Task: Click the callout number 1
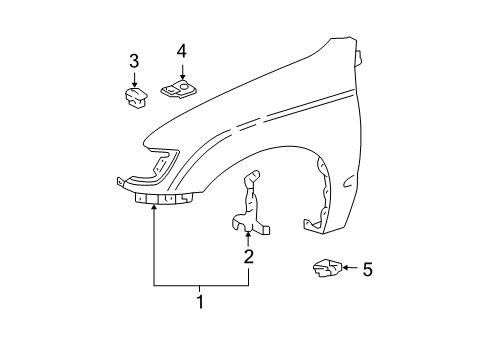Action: pos(200,301)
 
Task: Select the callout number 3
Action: pos(134,63)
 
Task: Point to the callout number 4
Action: pos(181,50)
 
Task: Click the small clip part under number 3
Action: pos(134,97)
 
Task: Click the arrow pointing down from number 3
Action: pos(134,80)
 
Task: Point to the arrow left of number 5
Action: pos(346,268)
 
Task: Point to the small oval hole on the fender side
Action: pos(346,182)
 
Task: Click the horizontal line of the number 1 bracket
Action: pos(200,286)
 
